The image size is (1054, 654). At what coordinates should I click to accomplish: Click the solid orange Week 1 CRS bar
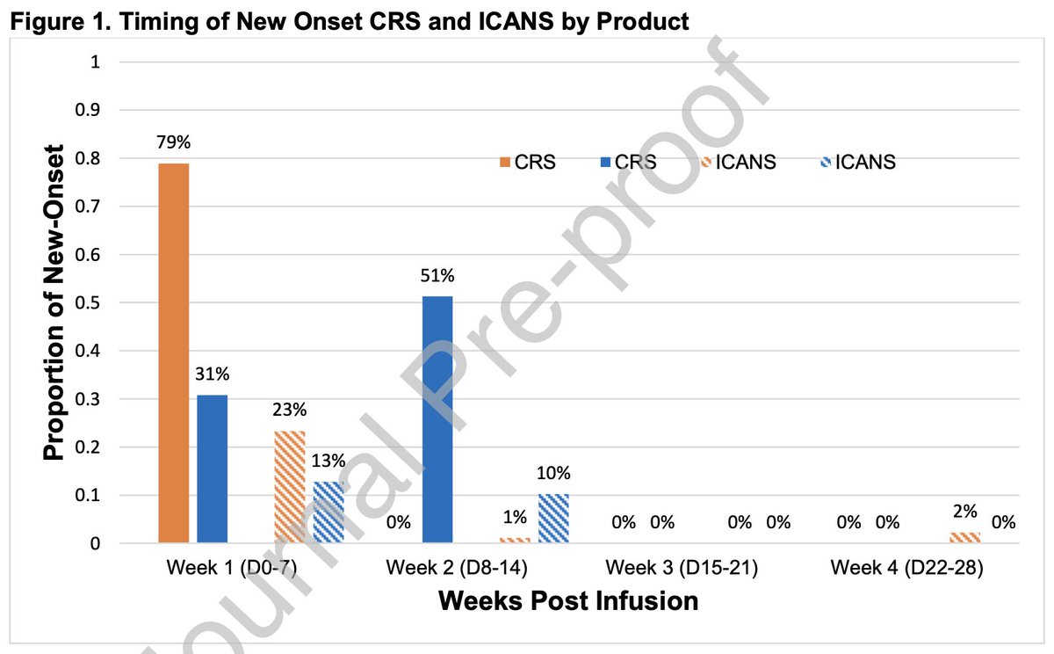tap(173, 352)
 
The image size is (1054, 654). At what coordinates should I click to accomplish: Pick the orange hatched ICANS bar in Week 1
tap(289, 487)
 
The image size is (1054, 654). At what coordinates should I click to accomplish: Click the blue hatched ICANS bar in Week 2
tap(553, 519)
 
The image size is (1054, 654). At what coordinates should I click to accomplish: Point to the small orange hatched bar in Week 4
tap(964, 537)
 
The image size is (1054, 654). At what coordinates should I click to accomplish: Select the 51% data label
tap(437, 276)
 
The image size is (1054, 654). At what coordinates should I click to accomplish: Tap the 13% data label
tap(328, 461)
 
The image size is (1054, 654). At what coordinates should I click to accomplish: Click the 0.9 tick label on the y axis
tap(91, 111)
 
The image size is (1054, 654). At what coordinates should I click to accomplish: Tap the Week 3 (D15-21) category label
tap(681, 568)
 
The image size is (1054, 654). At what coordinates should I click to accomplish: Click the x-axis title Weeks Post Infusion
tap(568, 601)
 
